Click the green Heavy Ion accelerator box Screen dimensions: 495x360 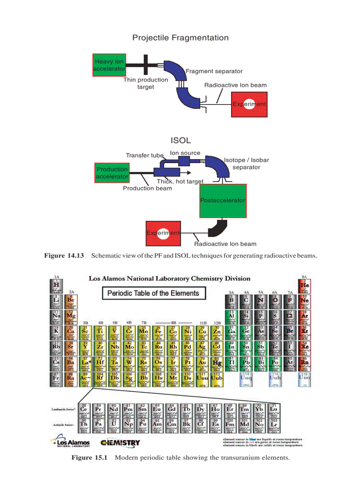109,65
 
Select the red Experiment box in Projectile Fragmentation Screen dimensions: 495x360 249,104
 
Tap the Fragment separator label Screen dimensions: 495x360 214,71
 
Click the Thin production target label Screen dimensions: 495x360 146,83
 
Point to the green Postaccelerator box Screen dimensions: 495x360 223,201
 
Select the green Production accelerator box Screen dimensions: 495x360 112,173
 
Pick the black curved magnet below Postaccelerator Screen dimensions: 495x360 217,228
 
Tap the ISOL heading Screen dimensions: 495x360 180,141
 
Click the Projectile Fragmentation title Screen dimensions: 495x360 180,37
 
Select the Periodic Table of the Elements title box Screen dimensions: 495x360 154,293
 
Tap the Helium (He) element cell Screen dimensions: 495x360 304,286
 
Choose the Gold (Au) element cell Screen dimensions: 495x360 202,364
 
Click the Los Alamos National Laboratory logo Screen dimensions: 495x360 71,441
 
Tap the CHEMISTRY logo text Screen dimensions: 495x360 120,443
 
